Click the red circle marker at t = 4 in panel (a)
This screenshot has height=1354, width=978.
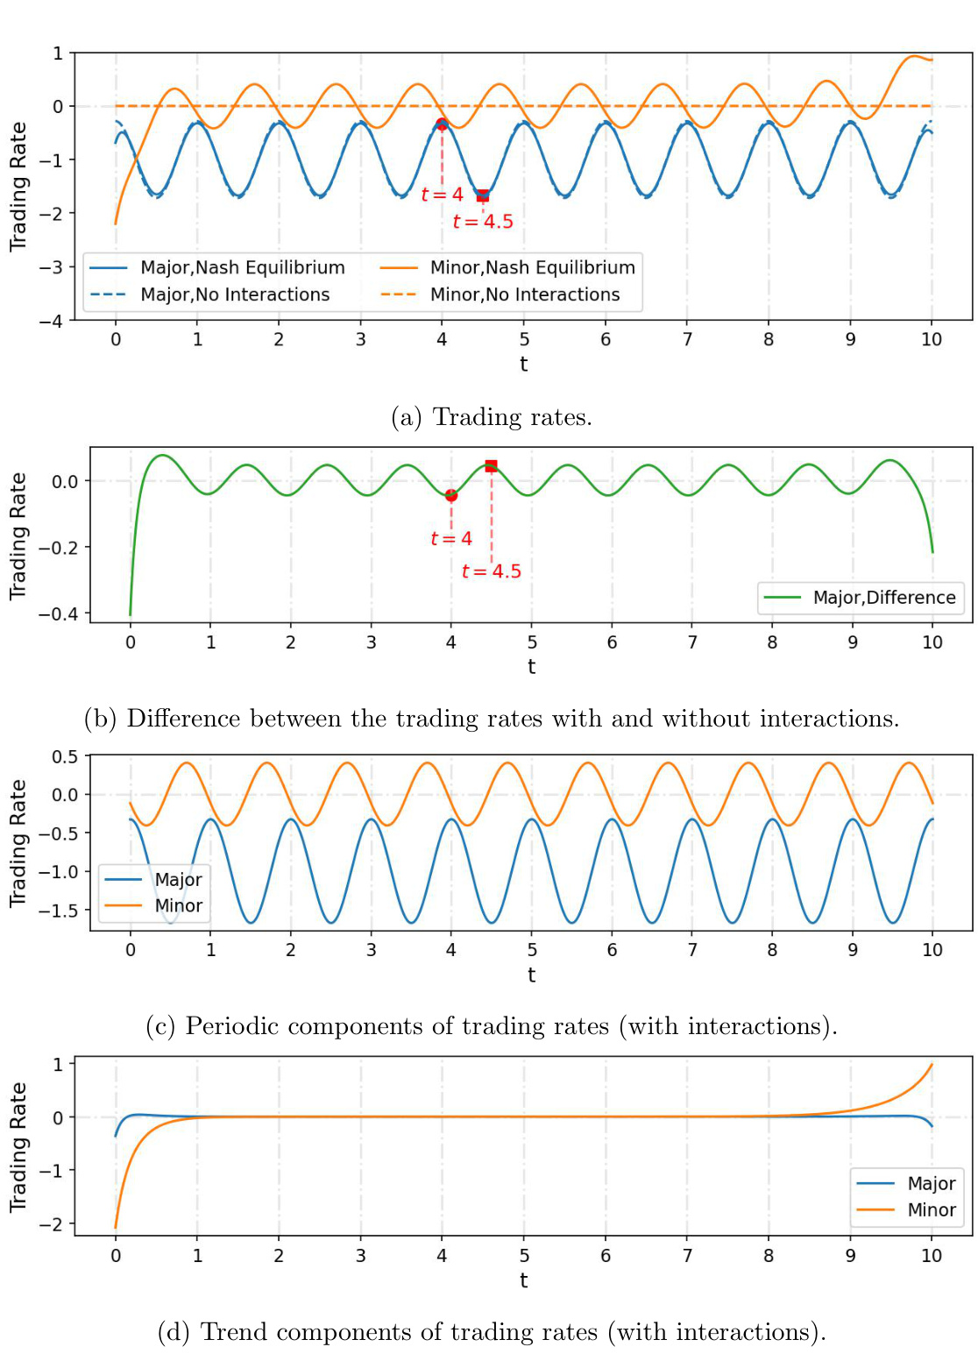coord(442,124)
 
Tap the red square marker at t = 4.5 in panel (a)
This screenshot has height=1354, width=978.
coord(483,195)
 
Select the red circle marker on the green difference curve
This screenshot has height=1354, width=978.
coord(451,495)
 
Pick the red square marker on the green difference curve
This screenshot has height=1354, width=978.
coord(491,466)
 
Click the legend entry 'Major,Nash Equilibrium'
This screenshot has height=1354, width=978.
coord(242,268)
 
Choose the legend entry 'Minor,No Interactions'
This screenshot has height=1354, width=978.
coord(524,295)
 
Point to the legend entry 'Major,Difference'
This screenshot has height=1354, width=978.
coord(883,598)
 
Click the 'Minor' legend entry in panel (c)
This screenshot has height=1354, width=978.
coord(178,906)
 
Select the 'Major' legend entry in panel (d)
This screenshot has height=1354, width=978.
coord(931,1184)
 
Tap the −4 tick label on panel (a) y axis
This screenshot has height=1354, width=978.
coord(51,321)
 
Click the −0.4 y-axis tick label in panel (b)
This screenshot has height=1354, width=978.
coord(58,614)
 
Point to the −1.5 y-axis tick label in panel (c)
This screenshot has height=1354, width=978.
coord(58,911)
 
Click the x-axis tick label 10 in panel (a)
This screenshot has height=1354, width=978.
coord(932,340)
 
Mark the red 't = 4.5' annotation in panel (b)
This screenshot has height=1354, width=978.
coord(492,571)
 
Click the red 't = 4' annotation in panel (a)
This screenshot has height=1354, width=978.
coord(442,195)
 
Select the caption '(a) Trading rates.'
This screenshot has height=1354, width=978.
coord(492,417)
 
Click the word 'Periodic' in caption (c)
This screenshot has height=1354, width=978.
coord(232,1026)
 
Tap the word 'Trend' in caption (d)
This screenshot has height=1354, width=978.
coord(230,1332)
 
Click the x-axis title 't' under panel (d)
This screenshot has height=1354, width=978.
coord(524,1280)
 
